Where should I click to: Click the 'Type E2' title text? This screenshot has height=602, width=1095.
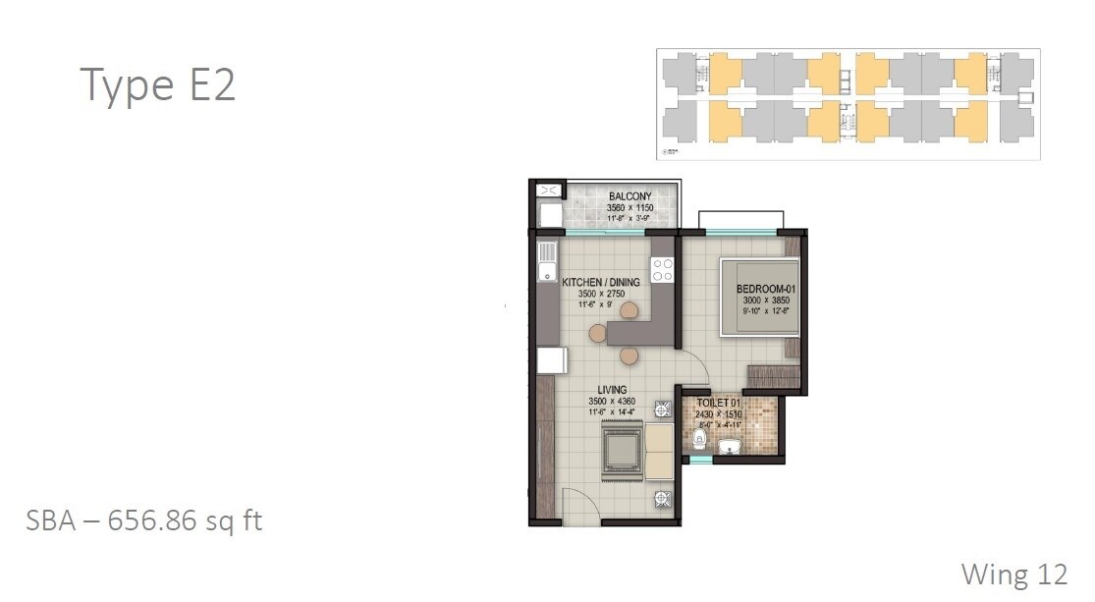[x=157, y=85]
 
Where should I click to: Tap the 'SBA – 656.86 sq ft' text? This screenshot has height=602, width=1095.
[x=144, y=520]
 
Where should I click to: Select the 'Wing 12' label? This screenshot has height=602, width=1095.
[x=1014, y=574]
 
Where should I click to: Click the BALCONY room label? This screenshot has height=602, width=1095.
[x=630, y=196]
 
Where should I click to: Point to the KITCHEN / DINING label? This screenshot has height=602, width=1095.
[x=600, y=283]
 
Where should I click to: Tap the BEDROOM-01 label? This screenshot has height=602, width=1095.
[x=763, y=289]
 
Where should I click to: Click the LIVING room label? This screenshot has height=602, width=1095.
[x=612, y=391]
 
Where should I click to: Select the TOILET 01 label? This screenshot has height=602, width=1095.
[x=720, y=404]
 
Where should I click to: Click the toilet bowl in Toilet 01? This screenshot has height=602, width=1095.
[x=697, y=439]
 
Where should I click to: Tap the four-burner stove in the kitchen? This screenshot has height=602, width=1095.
[x=663, y=270]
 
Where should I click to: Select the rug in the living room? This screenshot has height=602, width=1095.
[x=619, y=451]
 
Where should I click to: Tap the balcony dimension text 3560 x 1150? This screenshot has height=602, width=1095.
[x=630, y=208]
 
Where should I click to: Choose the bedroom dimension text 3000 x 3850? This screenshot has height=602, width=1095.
[x=763, y=301]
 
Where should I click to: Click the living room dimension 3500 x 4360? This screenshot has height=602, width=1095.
[x=612, y=402]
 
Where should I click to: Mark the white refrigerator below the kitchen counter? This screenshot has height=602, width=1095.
[x=552, y=360]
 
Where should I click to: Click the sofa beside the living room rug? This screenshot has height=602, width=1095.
[x=657, y=450]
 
